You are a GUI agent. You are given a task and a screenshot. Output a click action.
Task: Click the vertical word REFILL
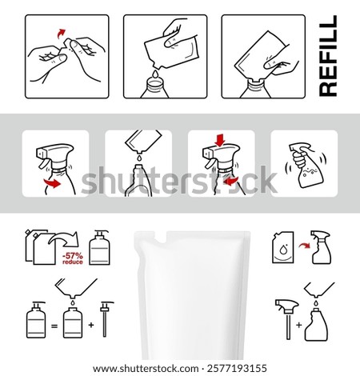(328, 55)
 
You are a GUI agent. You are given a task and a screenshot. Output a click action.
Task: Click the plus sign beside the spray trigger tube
(298, 326)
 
